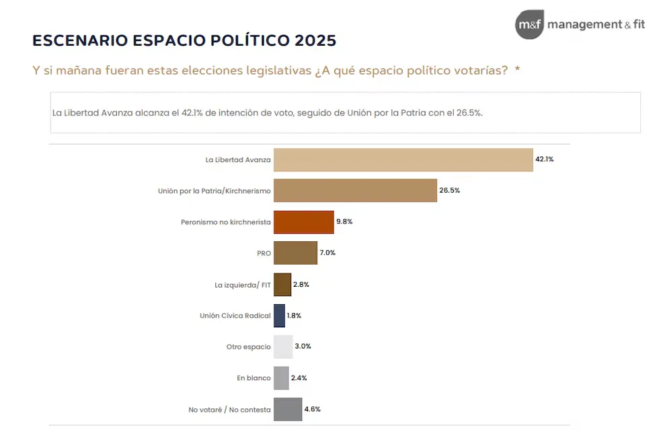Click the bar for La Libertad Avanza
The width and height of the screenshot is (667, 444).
pos(403,160)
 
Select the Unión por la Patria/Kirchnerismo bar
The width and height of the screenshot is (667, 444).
pos(355,191)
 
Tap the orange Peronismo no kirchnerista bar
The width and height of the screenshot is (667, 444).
pos(303,222)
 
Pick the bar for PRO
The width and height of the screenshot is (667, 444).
pos(295,253)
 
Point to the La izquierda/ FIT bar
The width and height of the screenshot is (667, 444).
pos(282,284)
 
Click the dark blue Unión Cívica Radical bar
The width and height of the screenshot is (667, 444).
pos(279,315)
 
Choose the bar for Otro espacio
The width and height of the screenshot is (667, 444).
pos(283,347)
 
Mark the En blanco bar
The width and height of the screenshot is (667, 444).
pos(281,378)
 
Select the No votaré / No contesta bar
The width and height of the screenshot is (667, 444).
pos(288,409)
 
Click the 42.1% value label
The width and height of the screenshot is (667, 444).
pos(544,159)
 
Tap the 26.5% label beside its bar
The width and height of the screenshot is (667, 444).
pos(449,191)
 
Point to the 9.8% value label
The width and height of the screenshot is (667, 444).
pos(344,222)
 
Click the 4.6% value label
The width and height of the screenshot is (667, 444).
pos(313,409)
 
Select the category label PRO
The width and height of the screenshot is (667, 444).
pos(264,253)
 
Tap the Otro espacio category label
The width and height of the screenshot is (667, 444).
pos(248,347)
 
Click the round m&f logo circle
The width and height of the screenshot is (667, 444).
pos(529,25)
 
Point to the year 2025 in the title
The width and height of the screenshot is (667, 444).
pos(315,40)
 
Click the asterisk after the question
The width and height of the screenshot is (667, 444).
pos(517,70)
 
